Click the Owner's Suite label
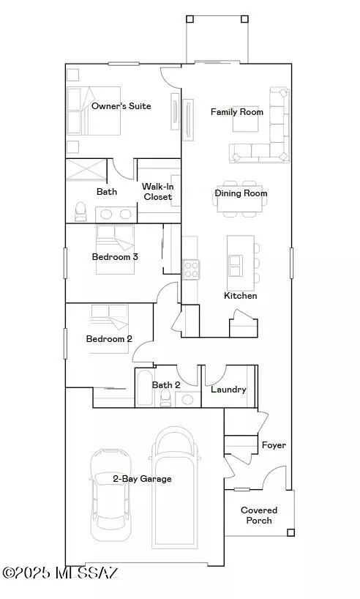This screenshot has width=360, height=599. [121, 106]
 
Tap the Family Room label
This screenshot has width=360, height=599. [236, 112]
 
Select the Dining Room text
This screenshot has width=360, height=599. [241, 193]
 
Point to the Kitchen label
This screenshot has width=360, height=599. [240, 296]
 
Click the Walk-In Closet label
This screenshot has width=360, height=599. [157, 192]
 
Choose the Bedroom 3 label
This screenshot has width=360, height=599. [115, 257]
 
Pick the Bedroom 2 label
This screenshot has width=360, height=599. [109, 339]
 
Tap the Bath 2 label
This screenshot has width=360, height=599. [166, 385]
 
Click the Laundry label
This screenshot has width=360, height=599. [228, 390]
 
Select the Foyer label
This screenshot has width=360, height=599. [274, 445]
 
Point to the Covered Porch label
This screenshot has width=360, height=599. [259, 516]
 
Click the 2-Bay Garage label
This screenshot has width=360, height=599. [142, 479]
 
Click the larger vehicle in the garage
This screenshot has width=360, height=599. [174, 487]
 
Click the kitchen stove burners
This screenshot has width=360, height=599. [190, 269]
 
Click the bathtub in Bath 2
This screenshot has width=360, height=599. [145, 388]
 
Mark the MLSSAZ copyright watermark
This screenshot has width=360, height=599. [60, 571]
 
